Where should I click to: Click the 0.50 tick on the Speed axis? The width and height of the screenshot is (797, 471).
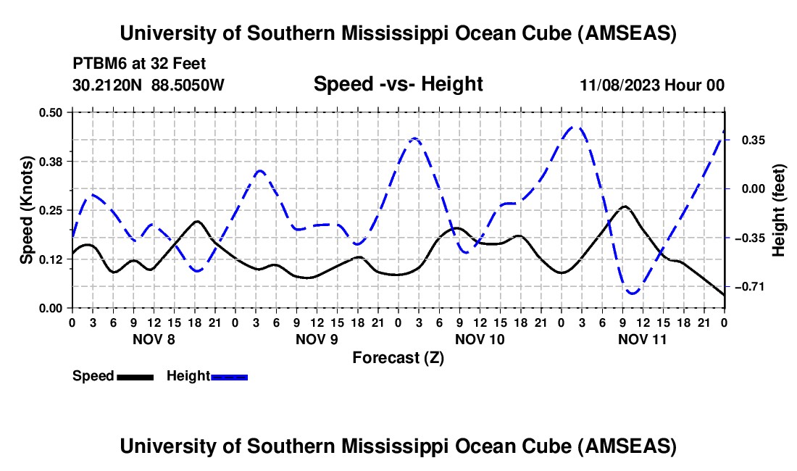pos(51,112)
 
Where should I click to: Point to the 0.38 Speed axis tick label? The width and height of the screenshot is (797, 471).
pos(51,161)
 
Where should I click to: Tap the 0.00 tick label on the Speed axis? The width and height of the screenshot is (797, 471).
pos(51,309)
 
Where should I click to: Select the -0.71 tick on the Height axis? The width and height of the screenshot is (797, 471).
pos(750,288)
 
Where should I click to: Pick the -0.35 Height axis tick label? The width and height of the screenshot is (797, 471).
pos(750,238)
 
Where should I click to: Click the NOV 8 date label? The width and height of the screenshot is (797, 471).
pos(153,339)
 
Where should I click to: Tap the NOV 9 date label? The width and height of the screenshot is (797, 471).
pos(317,339)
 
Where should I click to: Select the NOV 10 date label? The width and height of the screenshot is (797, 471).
pos(480,339)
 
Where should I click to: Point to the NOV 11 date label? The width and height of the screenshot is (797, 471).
pos(643,339)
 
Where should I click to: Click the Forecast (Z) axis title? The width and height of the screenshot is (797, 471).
pos(398,357)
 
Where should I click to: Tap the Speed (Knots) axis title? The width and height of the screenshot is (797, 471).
pos(26,210)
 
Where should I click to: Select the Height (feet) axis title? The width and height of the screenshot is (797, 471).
pos(779,210)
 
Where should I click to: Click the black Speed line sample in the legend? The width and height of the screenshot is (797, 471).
pos(134,377)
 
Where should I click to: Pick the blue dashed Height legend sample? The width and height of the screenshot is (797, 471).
pos(229,377)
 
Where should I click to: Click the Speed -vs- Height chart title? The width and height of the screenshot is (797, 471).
pos(398,85)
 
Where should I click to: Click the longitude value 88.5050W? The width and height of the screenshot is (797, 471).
pos(188,85)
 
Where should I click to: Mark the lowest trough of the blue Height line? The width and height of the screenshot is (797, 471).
pos(633,293)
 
